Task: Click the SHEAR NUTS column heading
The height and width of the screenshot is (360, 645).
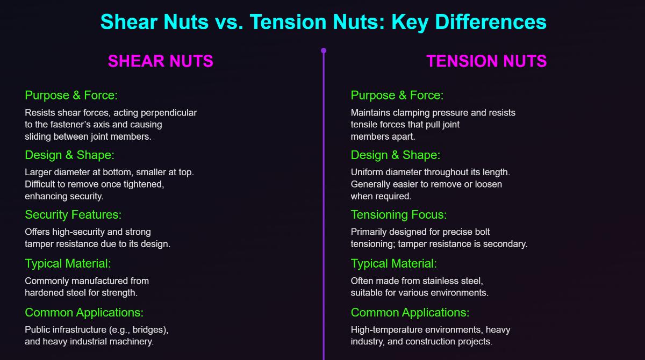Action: [x=160, y=61]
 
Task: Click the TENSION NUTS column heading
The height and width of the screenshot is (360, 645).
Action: [x=486, y=61]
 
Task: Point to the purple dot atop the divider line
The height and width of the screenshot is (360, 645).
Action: [x=324, y=51]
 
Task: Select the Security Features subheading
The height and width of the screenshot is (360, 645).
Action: [x=73, y=215]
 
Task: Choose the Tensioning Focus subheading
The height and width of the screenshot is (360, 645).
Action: [x=399, y=215]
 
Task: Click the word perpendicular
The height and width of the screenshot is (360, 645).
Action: [x=170, y=113]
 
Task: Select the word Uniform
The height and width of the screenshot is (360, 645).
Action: [x=367, y=172]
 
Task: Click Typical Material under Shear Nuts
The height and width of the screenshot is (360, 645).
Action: [x=68, y=264]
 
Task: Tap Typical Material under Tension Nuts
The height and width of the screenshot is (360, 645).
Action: [x=394, y=264]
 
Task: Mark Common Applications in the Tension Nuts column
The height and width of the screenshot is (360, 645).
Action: [x=410, y=313]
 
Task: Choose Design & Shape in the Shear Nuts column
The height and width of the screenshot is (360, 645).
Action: [x=70, y=155]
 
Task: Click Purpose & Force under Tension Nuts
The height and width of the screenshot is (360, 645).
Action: [x=397, y=96]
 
